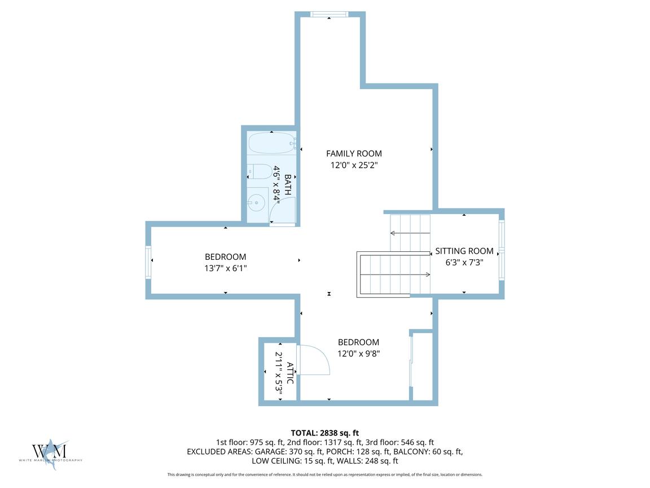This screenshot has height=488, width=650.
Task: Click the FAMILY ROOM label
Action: (354, 154)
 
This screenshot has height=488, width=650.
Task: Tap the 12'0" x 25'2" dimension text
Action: (354, 165)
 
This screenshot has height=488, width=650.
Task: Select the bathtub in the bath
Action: (271, 143)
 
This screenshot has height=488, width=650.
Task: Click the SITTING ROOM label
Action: (464, 251)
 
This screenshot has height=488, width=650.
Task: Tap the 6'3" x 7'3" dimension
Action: (464, 262)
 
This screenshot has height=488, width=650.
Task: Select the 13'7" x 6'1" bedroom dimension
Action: (226, 268)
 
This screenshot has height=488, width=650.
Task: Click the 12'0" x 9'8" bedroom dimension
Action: (359, 354)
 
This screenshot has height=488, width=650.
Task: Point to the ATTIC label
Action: (290, 373)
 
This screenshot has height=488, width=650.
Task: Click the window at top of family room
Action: (329, 15)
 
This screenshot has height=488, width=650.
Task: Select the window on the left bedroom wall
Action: (148, 262)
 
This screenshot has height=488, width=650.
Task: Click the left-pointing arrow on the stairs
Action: (410, 233)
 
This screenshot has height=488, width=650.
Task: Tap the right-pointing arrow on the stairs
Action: (395, 274)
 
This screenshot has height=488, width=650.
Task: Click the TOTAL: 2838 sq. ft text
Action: (325, 433)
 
